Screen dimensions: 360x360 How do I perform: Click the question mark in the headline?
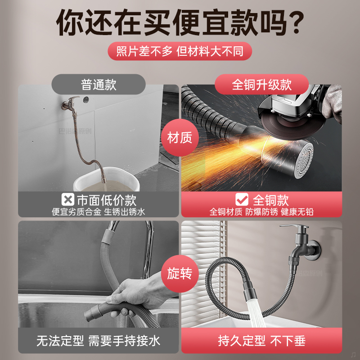(295, 22)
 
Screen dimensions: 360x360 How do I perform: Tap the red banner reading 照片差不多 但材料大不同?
(180, 51)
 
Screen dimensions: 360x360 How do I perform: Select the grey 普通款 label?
(99, 84)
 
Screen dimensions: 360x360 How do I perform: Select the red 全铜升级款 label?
(261, 84)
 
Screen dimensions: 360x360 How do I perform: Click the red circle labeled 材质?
(180, 138)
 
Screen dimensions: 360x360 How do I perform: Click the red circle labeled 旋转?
(180, 274)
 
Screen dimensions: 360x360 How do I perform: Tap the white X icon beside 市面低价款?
(68, 199)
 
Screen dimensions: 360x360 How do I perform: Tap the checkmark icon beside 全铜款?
(242, 199)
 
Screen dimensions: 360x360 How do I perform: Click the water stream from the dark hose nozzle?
(256, 313)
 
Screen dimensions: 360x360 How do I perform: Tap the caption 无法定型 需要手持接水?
(98, 341)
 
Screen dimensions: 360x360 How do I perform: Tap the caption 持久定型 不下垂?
(261, 341)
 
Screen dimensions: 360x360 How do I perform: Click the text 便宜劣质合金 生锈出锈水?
(98, 211)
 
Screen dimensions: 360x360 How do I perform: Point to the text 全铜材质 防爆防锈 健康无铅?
(261, 211)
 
